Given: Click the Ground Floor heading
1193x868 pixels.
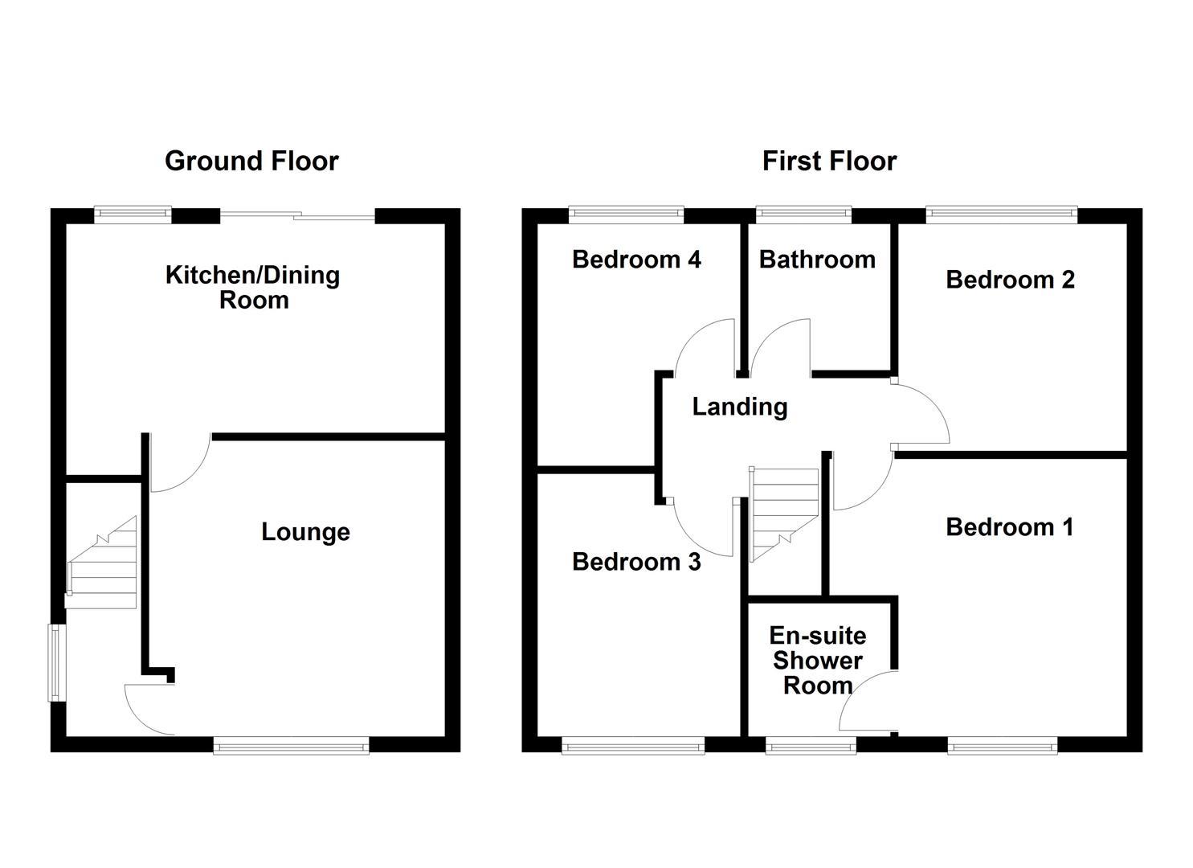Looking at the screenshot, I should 251,161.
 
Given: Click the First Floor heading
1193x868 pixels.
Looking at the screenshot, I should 829,161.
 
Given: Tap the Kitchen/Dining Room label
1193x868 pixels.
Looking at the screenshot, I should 253,287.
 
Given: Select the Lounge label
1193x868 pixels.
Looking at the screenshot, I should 305,532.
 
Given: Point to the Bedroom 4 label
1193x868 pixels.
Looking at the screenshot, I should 636,260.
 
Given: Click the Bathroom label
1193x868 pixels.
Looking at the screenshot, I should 817,260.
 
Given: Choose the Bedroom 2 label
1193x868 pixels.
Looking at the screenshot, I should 1010,280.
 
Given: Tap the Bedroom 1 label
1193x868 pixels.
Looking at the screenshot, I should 1009,527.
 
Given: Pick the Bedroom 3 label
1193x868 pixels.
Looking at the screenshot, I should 636,562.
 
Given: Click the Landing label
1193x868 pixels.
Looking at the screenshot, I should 740,407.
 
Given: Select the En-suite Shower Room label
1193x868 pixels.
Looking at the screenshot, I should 818,661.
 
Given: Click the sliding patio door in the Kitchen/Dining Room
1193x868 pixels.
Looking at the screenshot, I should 297,215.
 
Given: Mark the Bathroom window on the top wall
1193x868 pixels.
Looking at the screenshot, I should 803,214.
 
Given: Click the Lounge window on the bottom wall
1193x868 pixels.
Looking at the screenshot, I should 291,747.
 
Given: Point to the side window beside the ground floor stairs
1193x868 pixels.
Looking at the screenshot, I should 56,662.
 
